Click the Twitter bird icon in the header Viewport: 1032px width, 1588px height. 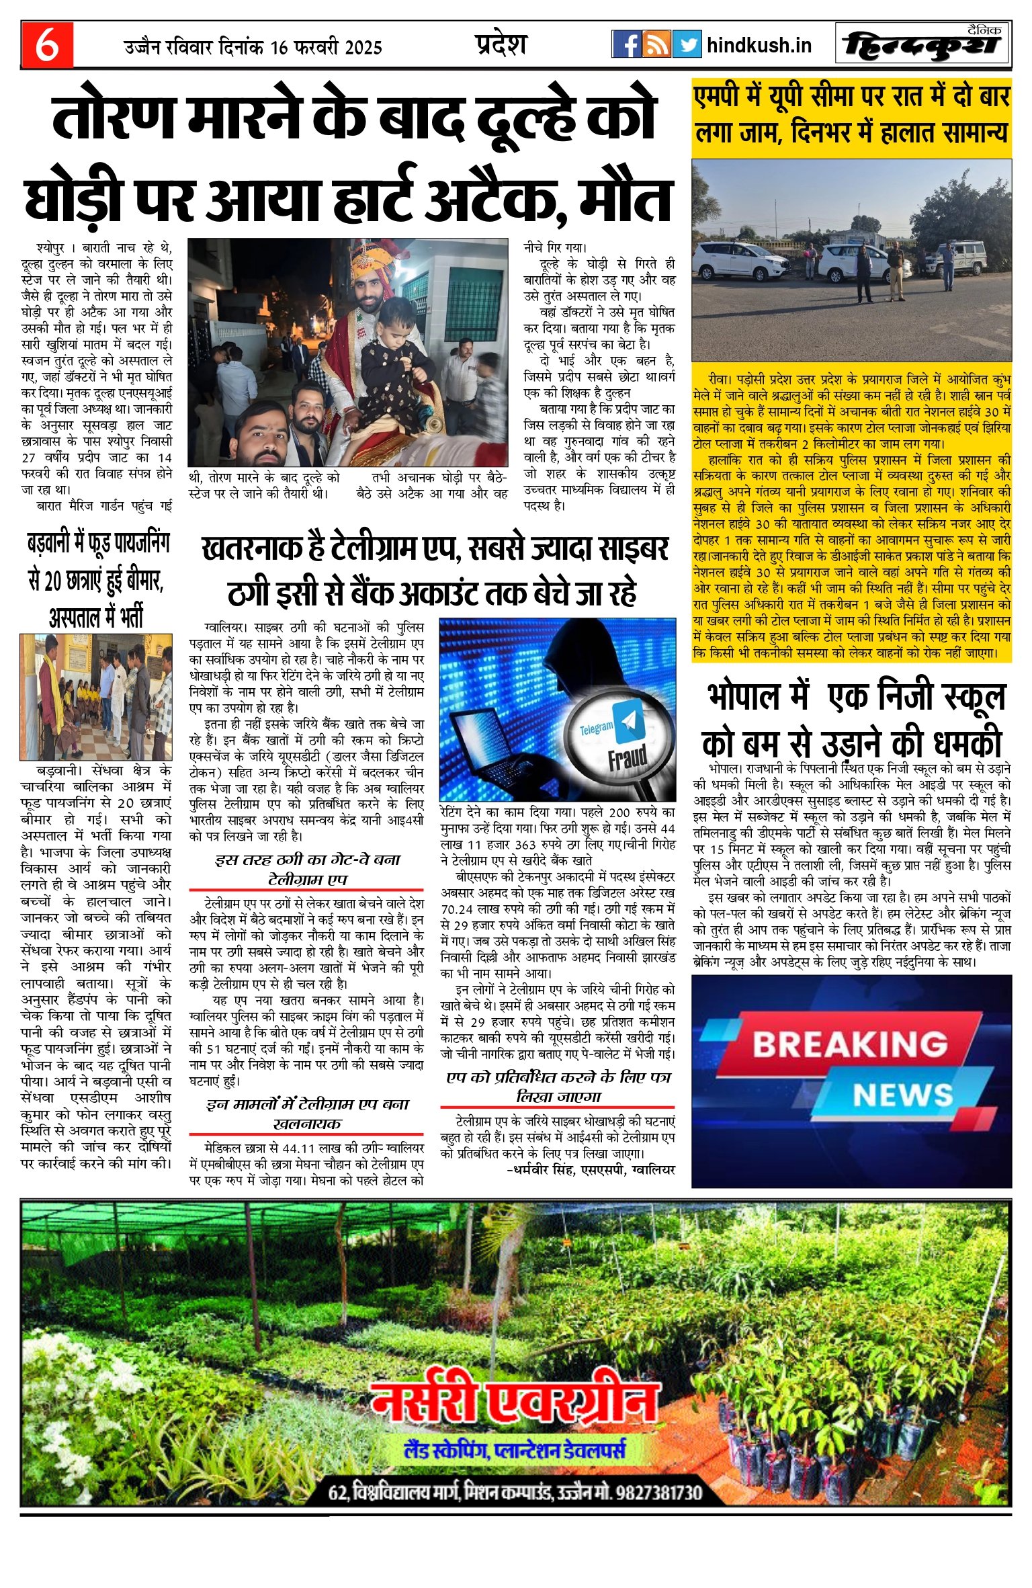[x=687, y=45]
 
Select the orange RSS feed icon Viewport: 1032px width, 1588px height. [x=656, y=45]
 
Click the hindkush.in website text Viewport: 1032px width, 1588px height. [x=759, y=46]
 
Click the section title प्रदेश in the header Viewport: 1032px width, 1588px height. [x=501, y=44]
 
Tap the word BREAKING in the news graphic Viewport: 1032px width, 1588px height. [x=849, y=1044]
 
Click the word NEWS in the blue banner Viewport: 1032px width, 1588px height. [x=902, y=1095]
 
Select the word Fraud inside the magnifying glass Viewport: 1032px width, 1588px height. [x=627, y=758]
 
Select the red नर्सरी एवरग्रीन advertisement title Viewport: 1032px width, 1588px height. [x=514, y=1401]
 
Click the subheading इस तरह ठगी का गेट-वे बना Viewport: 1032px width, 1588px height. [x=307, y=860]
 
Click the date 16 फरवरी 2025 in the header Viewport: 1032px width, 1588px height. [x=327, y=48]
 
